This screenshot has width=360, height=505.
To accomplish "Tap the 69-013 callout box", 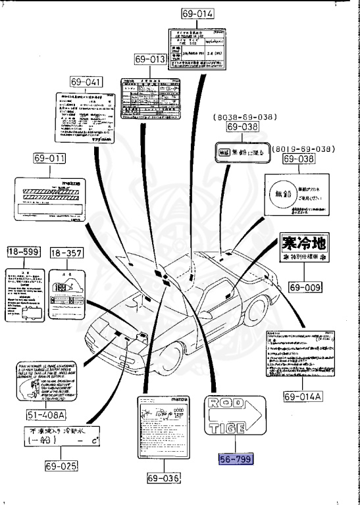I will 149,60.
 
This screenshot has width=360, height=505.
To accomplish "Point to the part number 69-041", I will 88,82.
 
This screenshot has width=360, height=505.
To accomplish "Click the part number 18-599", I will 24,251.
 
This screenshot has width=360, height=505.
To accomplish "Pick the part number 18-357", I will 64,251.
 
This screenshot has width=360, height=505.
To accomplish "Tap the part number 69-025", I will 62,466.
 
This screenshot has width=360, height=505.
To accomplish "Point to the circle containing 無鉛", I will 281,195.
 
